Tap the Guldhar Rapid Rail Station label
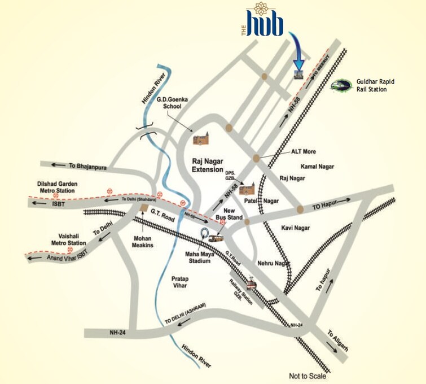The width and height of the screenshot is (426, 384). point(375,85)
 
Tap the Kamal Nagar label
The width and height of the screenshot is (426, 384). point(318,167)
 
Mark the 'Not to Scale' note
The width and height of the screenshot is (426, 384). point(308,376)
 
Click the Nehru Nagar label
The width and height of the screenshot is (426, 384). point(273,263)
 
